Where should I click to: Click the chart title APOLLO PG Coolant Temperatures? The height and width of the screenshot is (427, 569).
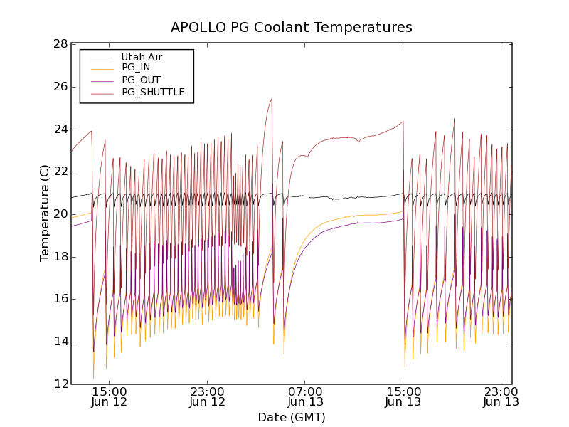point(292,28)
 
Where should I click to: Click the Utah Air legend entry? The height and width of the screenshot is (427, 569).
point(147,57)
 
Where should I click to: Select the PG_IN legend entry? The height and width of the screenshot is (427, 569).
point(136,68)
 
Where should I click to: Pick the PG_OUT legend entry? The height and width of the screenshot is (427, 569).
point(141,80)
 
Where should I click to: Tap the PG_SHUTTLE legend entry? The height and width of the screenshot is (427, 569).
point(153,92)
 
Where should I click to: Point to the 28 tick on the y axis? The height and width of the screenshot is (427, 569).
point(60,44)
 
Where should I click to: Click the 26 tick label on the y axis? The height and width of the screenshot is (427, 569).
point(60,87)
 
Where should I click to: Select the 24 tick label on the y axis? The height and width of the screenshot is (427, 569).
point(60,130)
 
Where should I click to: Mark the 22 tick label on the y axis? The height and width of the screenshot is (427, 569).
point(60,172)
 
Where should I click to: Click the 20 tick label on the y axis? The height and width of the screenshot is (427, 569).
point(60,214)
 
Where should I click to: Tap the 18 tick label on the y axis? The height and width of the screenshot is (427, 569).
point(60,257)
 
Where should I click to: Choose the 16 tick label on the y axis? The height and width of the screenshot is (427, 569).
point(60,299)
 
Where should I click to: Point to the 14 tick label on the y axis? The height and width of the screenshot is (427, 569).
point(60,342)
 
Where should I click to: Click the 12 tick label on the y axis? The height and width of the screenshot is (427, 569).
point(60,384)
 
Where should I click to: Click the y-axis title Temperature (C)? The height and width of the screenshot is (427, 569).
point(45,213)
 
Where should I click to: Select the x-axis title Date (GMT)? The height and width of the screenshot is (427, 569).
point(292,417)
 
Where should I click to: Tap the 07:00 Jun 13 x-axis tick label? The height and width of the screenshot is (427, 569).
point(306,396)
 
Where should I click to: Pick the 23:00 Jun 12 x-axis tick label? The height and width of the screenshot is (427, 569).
point(208,396)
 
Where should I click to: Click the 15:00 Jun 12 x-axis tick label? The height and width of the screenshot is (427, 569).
point(110,396)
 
